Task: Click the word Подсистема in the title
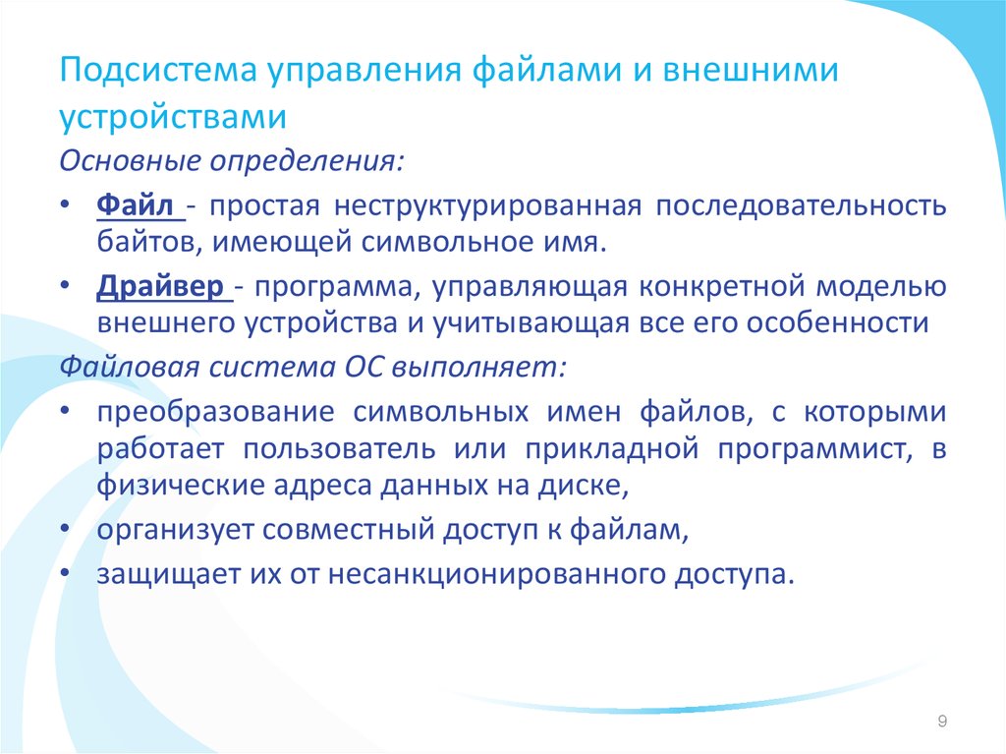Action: [x=158, y=70]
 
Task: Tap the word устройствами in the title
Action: [x=173, y=117]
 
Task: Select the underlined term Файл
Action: [x=135, y=205]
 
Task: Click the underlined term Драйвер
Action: [x=160, y=286]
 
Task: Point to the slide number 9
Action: [x=942, y=721]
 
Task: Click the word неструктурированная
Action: [x=487, y=206]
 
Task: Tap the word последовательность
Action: [x=801, y=205]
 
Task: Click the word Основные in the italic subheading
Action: [x=131, y=160]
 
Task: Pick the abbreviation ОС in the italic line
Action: [x=363, y=368]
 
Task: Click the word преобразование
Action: [x=215, y=411]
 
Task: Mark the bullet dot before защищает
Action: [x=65, y=571]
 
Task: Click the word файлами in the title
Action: [x=547, y=70]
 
